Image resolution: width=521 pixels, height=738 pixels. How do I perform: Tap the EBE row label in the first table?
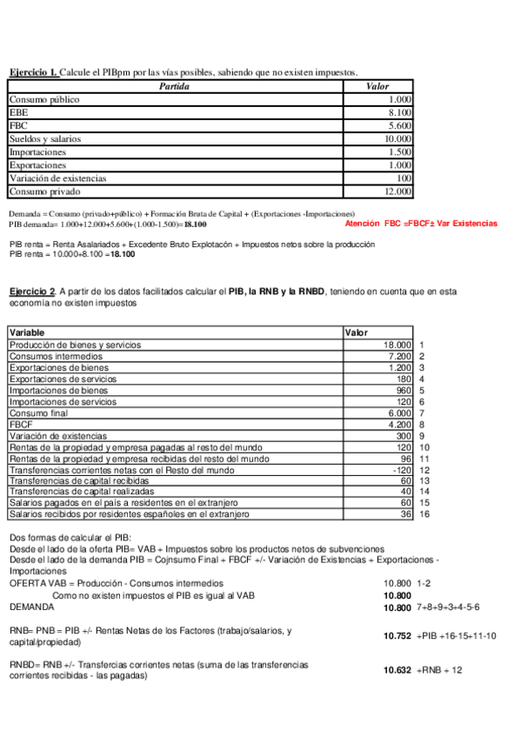coord(18,112)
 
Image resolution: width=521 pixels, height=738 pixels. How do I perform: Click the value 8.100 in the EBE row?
coord(400,112)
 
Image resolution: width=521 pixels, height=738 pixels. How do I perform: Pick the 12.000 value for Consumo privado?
coord(397,191)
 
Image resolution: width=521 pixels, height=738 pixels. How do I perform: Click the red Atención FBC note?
coord(421,224)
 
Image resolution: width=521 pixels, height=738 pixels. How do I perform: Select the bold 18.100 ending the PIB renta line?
coord(124,254)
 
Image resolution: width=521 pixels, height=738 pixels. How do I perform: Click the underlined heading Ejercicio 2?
coord(32,290)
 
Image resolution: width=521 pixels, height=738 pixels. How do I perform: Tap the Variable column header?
coord(27,332)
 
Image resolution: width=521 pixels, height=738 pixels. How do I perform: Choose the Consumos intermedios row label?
coord(56,356)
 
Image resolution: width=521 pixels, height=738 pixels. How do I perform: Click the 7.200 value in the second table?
coord(397,356)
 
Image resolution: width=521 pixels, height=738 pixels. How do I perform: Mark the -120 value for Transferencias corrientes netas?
coord(400,469)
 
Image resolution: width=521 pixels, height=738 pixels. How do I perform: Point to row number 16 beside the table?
coord(424,514)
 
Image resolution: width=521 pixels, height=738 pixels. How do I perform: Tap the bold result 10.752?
coord(397,636)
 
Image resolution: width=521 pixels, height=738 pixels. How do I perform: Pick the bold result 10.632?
coord(397,670)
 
